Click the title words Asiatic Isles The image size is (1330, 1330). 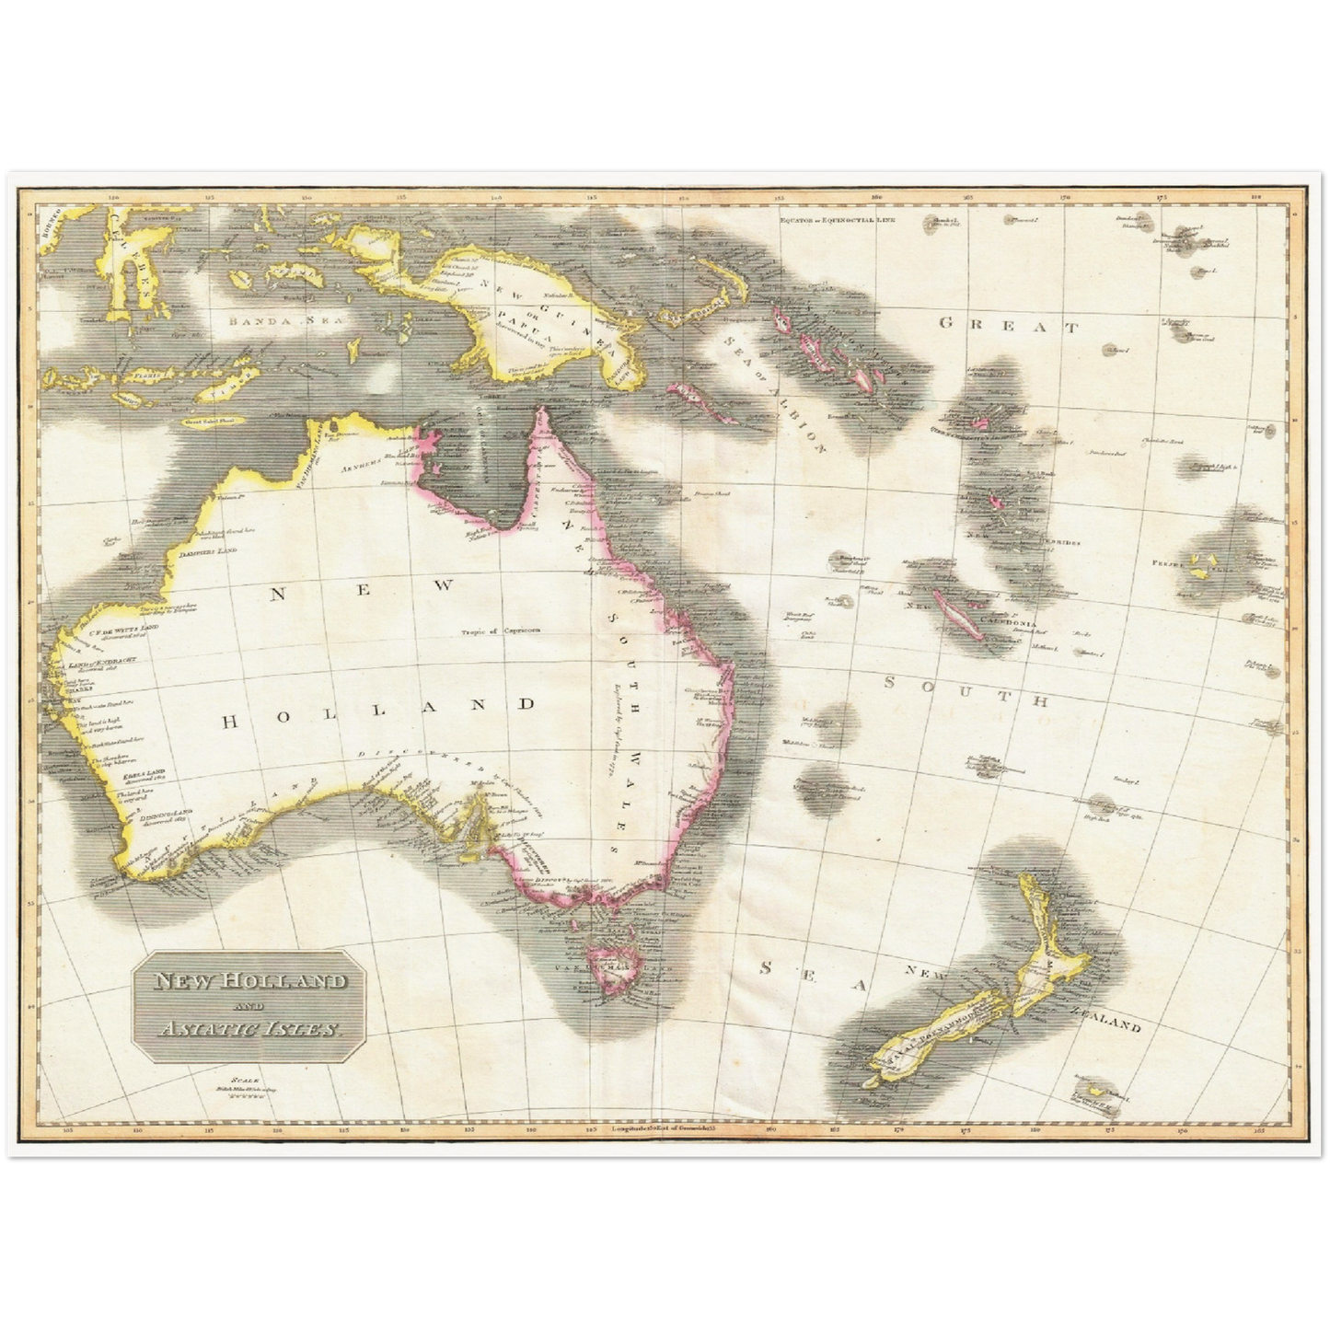click(x=248, y=1028)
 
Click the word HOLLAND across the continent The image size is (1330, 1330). click(x=378, y=704)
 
